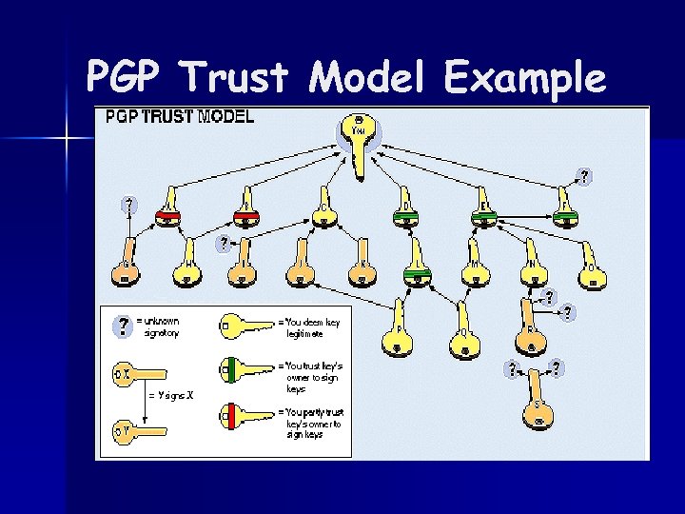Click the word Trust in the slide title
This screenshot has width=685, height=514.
pos(245,77)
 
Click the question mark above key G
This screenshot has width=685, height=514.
pos(127,204)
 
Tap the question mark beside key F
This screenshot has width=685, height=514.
pos(584,176)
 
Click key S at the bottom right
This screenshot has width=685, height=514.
pos(538,409)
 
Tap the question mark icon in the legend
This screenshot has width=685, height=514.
pos(122,326)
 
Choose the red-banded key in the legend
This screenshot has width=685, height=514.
pos(246,415)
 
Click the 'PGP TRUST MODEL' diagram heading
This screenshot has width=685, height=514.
pos(179,118)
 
